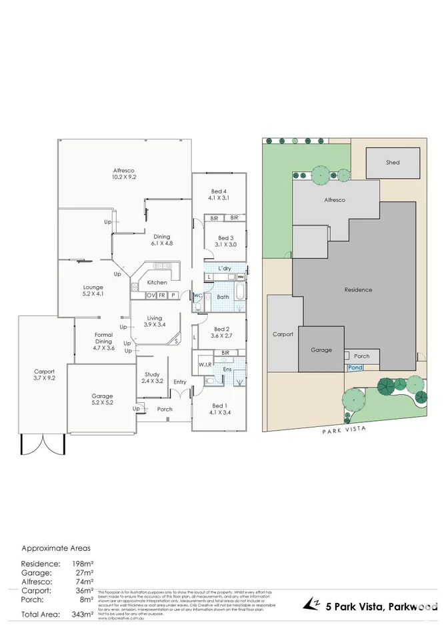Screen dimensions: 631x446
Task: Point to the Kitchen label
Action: pyautogui.click(x=157, y=282)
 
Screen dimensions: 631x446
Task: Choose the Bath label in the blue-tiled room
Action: pyautogui.click(x=223, y=297)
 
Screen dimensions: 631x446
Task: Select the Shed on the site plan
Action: pyautogui.click(x=393, y=162)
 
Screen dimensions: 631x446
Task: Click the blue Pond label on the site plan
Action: pyautogui.click(x=355, y=367)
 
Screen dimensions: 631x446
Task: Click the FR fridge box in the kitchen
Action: pyautogui.click(x=162, y=295)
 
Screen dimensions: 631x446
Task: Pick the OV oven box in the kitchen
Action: pyautogui.click(x=151, y=295)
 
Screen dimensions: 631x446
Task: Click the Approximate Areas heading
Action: pyautogui.click(x=56, y=548)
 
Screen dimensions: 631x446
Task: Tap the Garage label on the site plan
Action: pyautogui.click(x=321, y=350)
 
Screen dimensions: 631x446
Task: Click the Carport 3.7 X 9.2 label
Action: pyautogui.click(x=44, y=374)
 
